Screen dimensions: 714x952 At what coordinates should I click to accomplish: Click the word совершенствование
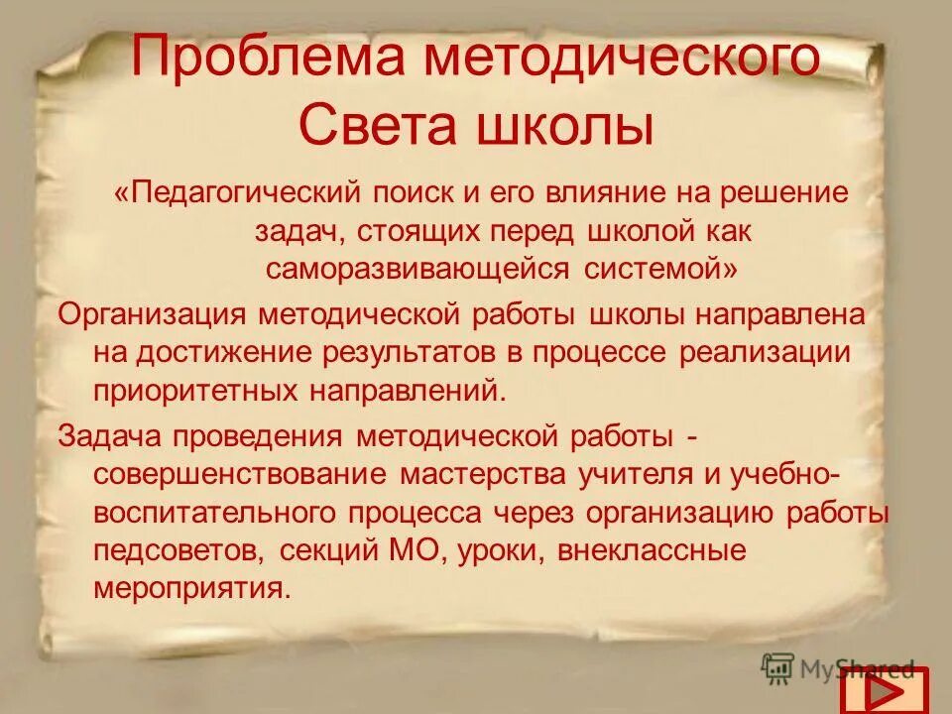pos(240,473)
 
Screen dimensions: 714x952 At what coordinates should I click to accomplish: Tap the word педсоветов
pos(179,550)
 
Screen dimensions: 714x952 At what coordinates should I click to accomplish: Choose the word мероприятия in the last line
pos(191,587)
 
